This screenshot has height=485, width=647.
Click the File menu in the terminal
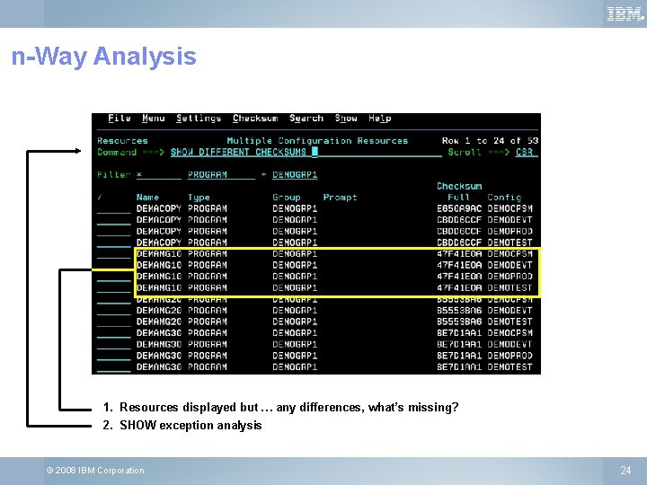(120, 119)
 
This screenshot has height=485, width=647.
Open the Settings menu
(199, 119)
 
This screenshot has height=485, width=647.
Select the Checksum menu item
(255, 119)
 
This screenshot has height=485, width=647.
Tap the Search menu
(306, 119)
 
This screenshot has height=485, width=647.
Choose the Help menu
(380, 119)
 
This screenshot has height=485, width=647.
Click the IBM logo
(625, 13)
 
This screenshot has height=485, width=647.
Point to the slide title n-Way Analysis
(103, 57)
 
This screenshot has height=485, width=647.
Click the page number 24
(625, 470)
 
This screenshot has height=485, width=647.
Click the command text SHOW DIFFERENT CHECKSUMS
(238, 153)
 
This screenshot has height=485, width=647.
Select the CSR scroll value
(525, 153)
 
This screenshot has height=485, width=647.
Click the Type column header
(199, 198)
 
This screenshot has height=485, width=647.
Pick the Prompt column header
(340, 198)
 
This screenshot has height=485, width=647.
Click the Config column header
(504, 198)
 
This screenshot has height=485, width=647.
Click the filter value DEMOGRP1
(295, 175)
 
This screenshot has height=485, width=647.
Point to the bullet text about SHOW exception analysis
(191, 425)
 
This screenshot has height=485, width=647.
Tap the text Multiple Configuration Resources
(317, 141)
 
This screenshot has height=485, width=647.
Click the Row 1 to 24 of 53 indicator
(490, 141)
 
